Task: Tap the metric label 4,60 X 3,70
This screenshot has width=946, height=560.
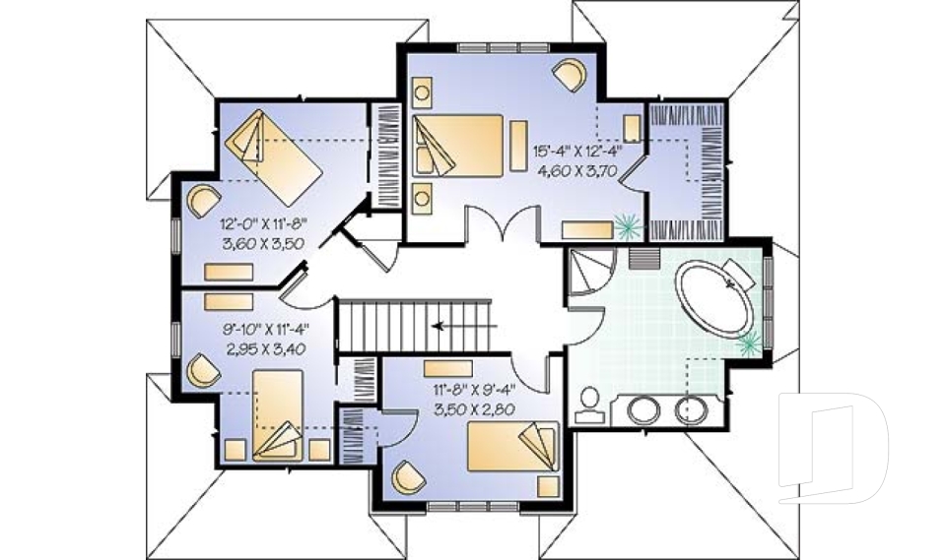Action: pos(576,169)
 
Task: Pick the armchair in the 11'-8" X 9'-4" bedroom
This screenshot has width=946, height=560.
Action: pos(407,477)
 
